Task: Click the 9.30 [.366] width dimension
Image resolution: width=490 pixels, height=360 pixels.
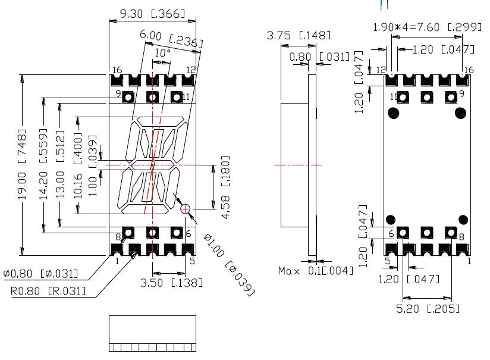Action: click(153, 12)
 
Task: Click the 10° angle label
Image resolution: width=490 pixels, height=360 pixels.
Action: click(162, 53)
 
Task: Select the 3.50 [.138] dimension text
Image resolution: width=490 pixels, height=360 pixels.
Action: click(171, 282)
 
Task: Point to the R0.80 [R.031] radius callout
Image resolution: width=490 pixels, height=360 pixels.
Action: click(48, 291)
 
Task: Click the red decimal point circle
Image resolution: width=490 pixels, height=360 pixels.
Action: click(185, 208)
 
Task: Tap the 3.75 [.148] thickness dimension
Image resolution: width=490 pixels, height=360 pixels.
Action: click(300, 37)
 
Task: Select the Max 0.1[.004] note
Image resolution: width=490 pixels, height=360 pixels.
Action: click(316, 271)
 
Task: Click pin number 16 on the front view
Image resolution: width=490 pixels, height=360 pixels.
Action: click(118, 70)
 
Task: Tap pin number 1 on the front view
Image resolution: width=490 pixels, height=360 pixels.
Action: click(117, 260)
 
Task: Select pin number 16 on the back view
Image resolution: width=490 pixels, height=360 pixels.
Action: click(468, 70)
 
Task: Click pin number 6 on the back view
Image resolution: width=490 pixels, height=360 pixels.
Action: click(391, 233)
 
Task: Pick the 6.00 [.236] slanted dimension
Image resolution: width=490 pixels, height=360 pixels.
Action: click(171, 39)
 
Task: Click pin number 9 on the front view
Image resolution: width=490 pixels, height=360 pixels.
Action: click(118, 94)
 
